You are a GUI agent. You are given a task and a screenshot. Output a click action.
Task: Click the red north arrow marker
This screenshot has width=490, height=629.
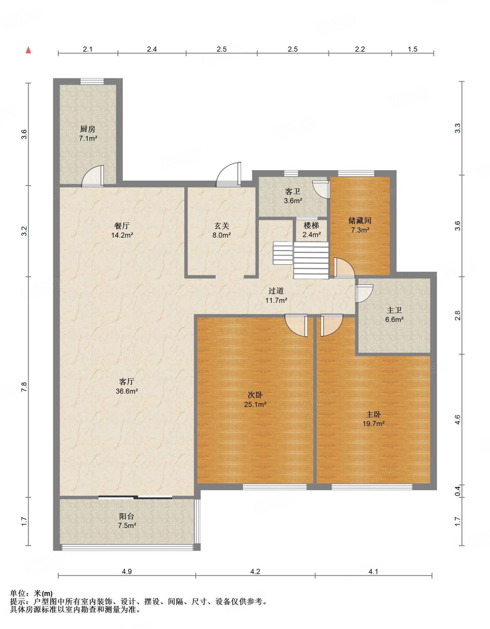[28, 50]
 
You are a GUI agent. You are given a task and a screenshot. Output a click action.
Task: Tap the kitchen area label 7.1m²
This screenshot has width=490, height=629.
[88, 138]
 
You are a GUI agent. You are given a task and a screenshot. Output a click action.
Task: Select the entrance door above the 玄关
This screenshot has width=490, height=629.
[229, 174]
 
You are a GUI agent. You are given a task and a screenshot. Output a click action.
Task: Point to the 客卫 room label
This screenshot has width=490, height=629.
[293, 191]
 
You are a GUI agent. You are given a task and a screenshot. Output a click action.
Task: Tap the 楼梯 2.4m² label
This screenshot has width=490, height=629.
[312, 230]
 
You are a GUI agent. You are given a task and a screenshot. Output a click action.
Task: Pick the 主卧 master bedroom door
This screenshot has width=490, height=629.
[332, 325]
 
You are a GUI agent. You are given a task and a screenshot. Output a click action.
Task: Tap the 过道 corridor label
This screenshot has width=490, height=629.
[276, 291]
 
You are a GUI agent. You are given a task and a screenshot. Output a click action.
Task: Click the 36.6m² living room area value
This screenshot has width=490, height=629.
[127, 391]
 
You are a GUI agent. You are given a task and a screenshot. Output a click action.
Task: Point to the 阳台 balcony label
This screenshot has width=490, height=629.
[127, 516]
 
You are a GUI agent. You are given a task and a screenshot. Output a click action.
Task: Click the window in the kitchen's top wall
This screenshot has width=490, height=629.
[92, 81]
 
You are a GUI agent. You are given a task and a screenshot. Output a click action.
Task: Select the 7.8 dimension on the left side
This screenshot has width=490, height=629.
[24, 387]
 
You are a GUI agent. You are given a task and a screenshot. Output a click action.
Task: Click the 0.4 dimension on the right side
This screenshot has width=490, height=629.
[457, 491]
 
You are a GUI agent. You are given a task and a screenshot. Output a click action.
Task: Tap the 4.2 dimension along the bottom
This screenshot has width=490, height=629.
[255, 572]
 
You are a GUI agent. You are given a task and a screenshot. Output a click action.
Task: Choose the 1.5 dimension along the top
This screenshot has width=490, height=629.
[413, 49]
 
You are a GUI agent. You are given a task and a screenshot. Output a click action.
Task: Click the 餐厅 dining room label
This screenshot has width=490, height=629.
[122, 226]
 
